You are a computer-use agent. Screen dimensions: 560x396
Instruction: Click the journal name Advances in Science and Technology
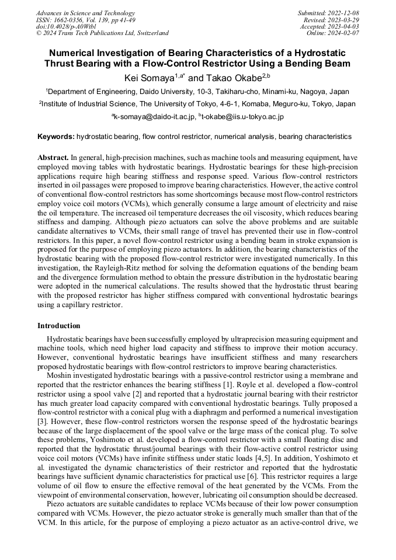click(x=85, y=13)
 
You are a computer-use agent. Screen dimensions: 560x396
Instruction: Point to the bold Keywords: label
click(x=56, y=137)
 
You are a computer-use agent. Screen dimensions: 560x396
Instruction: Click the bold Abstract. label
click(x=53, y=158)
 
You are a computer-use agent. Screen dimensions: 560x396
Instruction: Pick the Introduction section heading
click(x=59, y=326)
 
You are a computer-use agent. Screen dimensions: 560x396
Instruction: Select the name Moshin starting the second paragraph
click(x=58, y=375)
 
